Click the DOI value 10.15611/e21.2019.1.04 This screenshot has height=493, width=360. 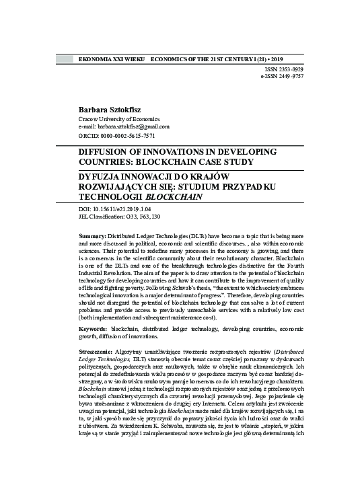(x=124, y=210)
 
